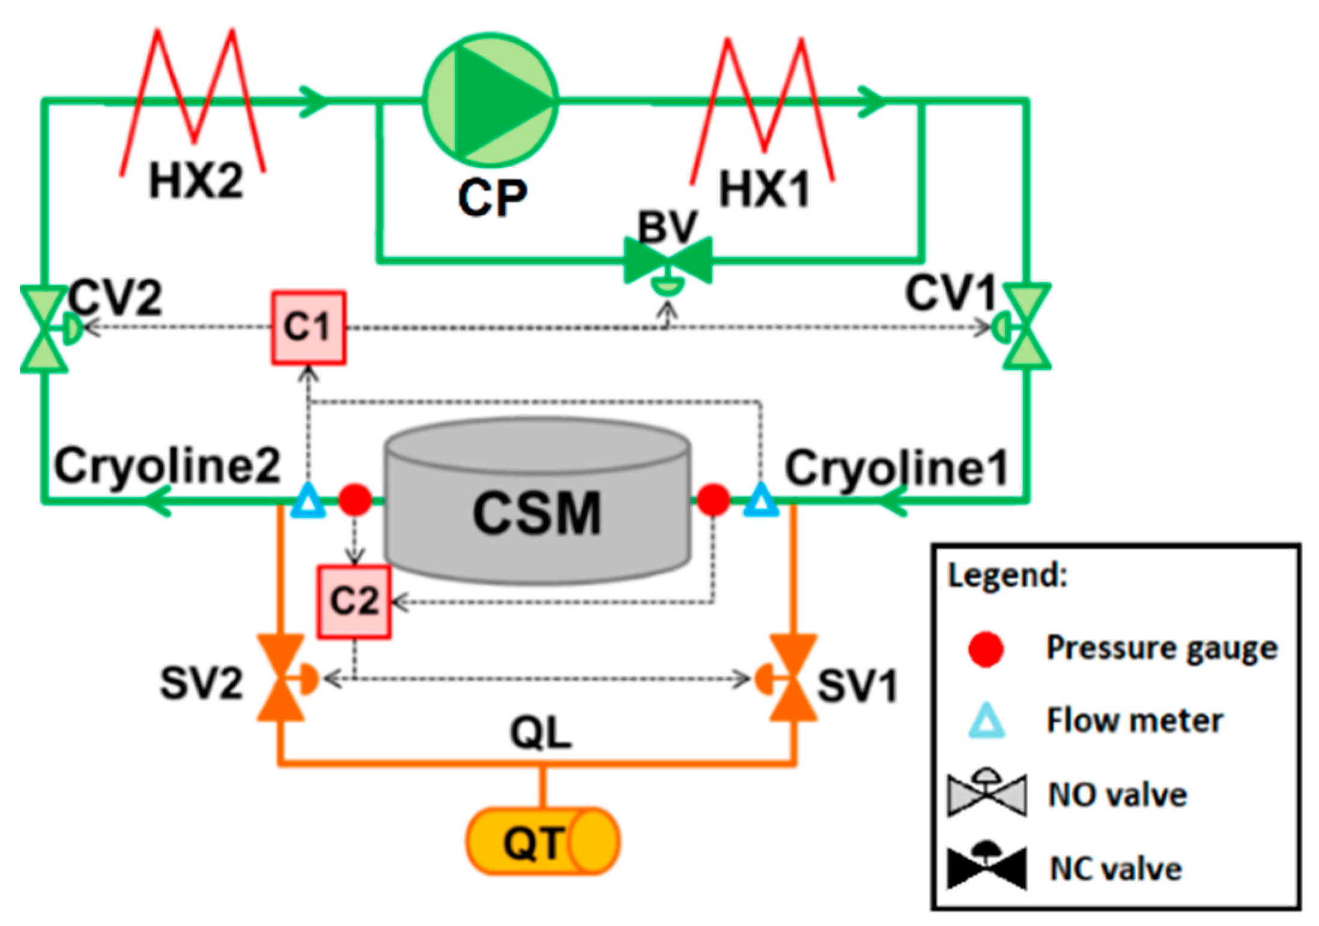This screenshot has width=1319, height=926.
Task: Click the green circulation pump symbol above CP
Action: pos(491,100)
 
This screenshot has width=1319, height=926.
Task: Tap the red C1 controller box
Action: pos(308,328)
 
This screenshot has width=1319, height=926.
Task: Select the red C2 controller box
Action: pos(354,601)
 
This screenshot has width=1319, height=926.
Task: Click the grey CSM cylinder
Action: pos(536,504)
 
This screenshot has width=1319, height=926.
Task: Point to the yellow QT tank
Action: pos(542,841)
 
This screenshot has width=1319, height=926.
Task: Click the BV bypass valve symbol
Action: pos(668,261)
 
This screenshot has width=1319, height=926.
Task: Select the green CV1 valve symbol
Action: pos(1026,327)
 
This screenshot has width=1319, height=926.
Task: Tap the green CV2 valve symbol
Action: pos(44,329)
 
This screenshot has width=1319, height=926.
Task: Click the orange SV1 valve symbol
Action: pos(793,678)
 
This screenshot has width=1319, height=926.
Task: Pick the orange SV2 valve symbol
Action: pos(280,678)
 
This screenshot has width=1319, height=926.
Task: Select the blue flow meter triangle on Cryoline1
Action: pos(760,501)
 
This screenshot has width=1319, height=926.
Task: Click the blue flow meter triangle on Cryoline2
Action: pos(308,501)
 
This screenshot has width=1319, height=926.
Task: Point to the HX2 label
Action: pos(196,181)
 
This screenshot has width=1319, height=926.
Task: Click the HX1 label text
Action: pos(764,189)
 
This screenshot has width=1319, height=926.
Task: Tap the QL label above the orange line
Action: pos(541,733)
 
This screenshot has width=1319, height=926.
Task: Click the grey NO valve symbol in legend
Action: pos(987,795)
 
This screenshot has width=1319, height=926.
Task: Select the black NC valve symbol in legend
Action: pos(987,868)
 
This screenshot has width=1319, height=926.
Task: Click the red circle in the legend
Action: pos(986,649)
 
